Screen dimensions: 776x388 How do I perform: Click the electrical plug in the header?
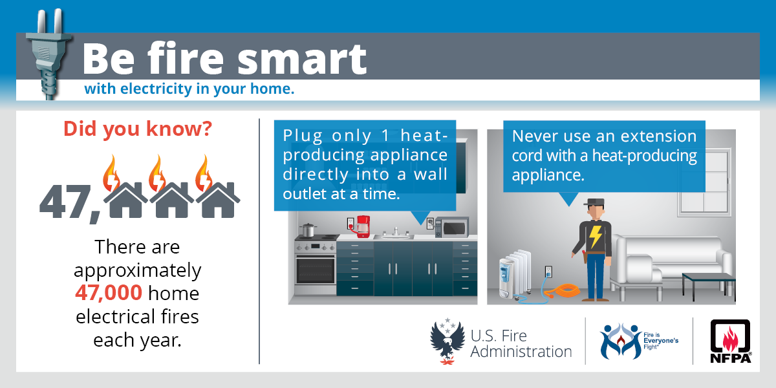click(48, 55)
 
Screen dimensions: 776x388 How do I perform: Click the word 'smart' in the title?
click(302, 59)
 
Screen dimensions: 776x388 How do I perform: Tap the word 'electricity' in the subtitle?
click(156, 89)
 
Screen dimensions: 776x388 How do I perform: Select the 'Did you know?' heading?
click(138, 129)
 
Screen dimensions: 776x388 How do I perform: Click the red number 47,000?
click(109, 292)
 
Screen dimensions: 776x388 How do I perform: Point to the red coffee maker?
click(363, 226)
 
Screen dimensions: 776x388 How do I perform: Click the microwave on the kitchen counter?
click(452, 227)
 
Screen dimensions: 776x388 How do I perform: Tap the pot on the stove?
click(307, 230)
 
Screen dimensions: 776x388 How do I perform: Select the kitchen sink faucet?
click(396, 232)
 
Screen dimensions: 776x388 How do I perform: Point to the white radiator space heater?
click(515, 274)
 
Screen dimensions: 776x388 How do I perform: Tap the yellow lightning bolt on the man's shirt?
click(596, 237)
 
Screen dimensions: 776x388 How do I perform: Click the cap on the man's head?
click(594, 202)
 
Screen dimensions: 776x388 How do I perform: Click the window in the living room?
click(705, 181)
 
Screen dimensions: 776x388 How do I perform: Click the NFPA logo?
click(730, 341)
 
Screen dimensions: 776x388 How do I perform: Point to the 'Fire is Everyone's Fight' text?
click(661, 341)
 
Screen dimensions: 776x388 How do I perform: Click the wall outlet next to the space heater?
click(548, 272)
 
